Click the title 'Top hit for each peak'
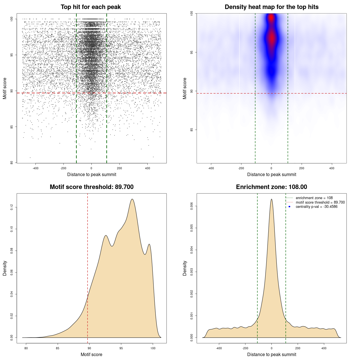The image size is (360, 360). [x=91, y=7]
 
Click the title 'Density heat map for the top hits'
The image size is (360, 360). [x=271, y=7]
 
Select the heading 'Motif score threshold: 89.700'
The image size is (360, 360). [x=91, y=187]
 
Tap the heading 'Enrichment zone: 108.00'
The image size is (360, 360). [x=271, y=187]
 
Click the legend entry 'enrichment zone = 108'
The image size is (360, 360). [x=314, y=198]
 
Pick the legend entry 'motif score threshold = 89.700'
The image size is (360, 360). [x=320, y=202]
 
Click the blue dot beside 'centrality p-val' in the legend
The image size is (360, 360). [x=289, y=207]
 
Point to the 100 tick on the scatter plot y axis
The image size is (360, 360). [x=12, y=19]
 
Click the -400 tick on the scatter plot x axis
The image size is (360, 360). [x=35, y=168]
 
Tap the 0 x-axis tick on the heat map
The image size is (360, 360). [x=271, y=168]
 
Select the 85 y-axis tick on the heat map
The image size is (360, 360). [x=192, y=130]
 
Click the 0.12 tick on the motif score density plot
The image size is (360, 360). [x=12, y=207]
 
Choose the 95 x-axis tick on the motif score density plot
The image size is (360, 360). [x=121, y=348]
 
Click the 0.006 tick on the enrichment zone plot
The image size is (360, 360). [x=192, y=206]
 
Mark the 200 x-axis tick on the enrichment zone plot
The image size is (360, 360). [x=298, y=348]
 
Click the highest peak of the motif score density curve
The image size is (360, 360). [x=132, y=199]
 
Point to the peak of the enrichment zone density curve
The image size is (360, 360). [x=271, y=199]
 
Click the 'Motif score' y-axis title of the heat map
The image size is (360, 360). [x=185, y=88]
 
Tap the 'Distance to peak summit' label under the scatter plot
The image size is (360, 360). [x=92, y=174]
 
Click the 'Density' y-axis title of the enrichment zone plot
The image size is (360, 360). [x=185, y=268]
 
